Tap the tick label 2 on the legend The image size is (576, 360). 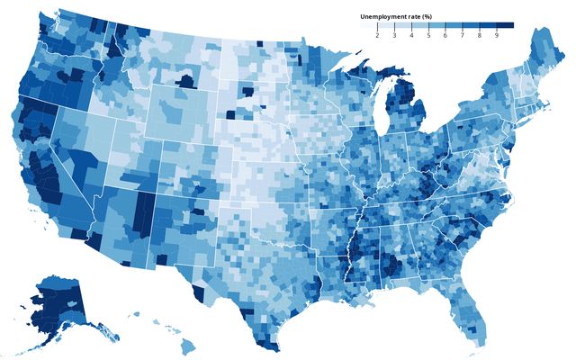(377, 35)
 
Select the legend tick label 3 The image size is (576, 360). (394, 35)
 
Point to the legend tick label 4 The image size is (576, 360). (411, 35)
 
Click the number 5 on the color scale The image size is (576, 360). (428, 35)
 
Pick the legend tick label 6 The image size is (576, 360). (445, 35)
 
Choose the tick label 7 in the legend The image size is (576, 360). (463, 35)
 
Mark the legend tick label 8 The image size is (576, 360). (480, 35)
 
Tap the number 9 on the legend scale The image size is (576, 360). (497, 35)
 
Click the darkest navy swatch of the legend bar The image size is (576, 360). (505, 25)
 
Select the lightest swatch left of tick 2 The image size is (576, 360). (368, 25)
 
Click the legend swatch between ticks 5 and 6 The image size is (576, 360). (436, 25)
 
